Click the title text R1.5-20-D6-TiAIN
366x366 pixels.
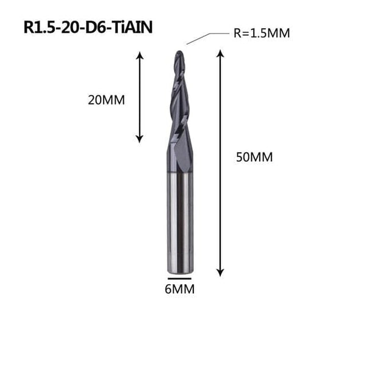click(88, 27)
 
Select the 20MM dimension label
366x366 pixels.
click(106, 100)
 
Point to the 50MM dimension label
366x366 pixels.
click(254, 157)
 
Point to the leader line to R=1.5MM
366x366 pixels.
click(199, 38)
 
